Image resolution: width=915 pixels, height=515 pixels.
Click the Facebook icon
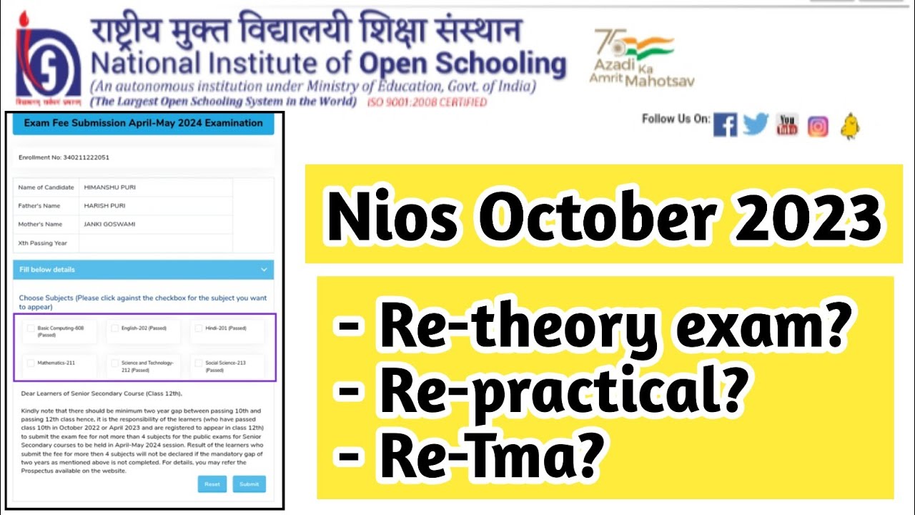coord(725,125)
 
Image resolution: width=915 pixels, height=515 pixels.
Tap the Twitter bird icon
coord(756,125)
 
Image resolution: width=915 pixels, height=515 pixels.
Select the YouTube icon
coord(787,125)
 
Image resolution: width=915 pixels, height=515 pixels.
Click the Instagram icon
coord(818,127)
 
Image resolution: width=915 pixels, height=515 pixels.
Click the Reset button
coord(212,484)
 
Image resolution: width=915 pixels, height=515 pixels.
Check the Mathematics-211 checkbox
coord(31,363)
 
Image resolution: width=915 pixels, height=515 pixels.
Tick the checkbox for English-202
coord(115,328)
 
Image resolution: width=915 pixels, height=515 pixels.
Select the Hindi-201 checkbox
coord(199,328)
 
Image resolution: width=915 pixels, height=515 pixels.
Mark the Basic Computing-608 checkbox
coord(31,328)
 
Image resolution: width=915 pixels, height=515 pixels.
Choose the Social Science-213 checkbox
coord(199,363)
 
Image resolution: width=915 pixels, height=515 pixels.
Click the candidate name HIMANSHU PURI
coord(109,187)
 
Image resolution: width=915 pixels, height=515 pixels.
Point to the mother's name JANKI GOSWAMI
coord(109,224)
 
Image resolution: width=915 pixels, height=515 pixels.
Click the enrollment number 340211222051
coord(84,157)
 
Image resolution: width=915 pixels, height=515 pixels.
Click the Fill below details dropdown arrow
coord(264,270)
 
